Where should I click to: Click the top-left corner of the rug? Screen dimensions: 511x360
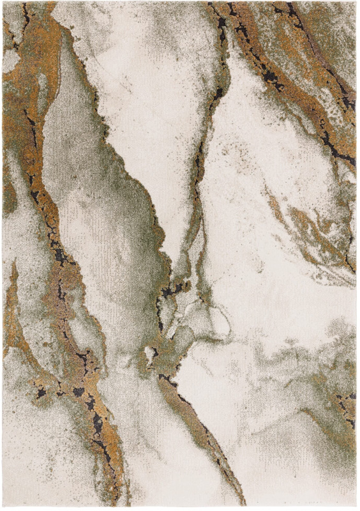pyautogui.click(x=3, y=3)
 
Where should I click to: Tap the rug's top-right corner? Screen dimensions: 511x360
pyautogui.click(x=356, y=3)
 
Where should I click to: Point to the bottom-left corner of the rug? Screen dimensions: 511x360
pyautogui.click(x=3, y=508)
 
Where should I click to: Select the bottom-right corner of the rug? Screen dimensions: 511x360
pyautogui.click(x=356, y=508)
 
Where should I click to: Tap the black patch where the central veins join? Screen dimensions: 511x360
pyautogui.click(x=171, y=291)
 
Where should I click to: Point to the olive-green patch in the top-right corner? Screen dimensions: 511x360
pyautogui.click(x=332, y=26)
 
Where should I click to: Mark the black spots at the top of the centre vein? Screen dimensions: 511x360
pyautogui.click(x=220, y=26)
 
